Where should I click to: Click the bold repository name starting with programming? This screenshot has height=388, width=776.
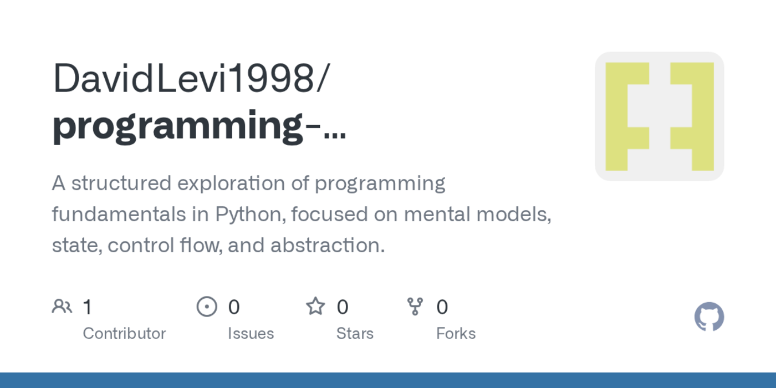pos(198,126)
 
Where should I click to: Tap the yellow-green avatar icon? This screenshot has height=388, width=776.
pos(659,116)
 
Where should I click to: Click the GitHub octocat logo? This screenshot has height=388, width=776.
pos(709,316)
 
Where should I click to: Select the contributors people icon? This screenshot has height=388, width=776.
pos(62,306)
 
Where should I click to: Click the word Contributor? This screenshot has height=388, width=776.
pos(124,333)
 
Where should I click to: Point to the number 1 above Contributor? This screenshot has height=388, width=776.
pos(87,307)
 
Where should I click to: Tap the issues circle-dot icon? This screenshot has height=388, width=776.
pos(207,306)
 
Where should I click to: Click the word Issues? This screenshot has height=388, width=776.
pos(251,333)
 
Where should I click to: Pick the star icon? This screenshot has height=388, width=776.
pos(315,306)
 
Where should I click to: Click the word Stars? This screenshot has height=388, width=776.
pos(355,333)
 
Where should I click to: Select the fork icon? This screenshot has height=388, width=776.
pos(415,306)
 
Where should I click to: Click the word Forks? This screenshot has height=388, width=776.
pos(456,333)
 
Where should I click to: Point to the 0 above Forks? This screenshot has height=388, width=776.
pos(442,307)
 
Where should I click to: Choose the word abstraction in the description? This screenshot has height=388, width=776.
pos(327,245)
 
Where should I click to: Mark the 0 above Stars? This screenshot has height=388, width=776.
pos(343,307)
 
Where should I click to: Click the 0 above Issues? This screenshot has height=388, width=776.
pos(234,307)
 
